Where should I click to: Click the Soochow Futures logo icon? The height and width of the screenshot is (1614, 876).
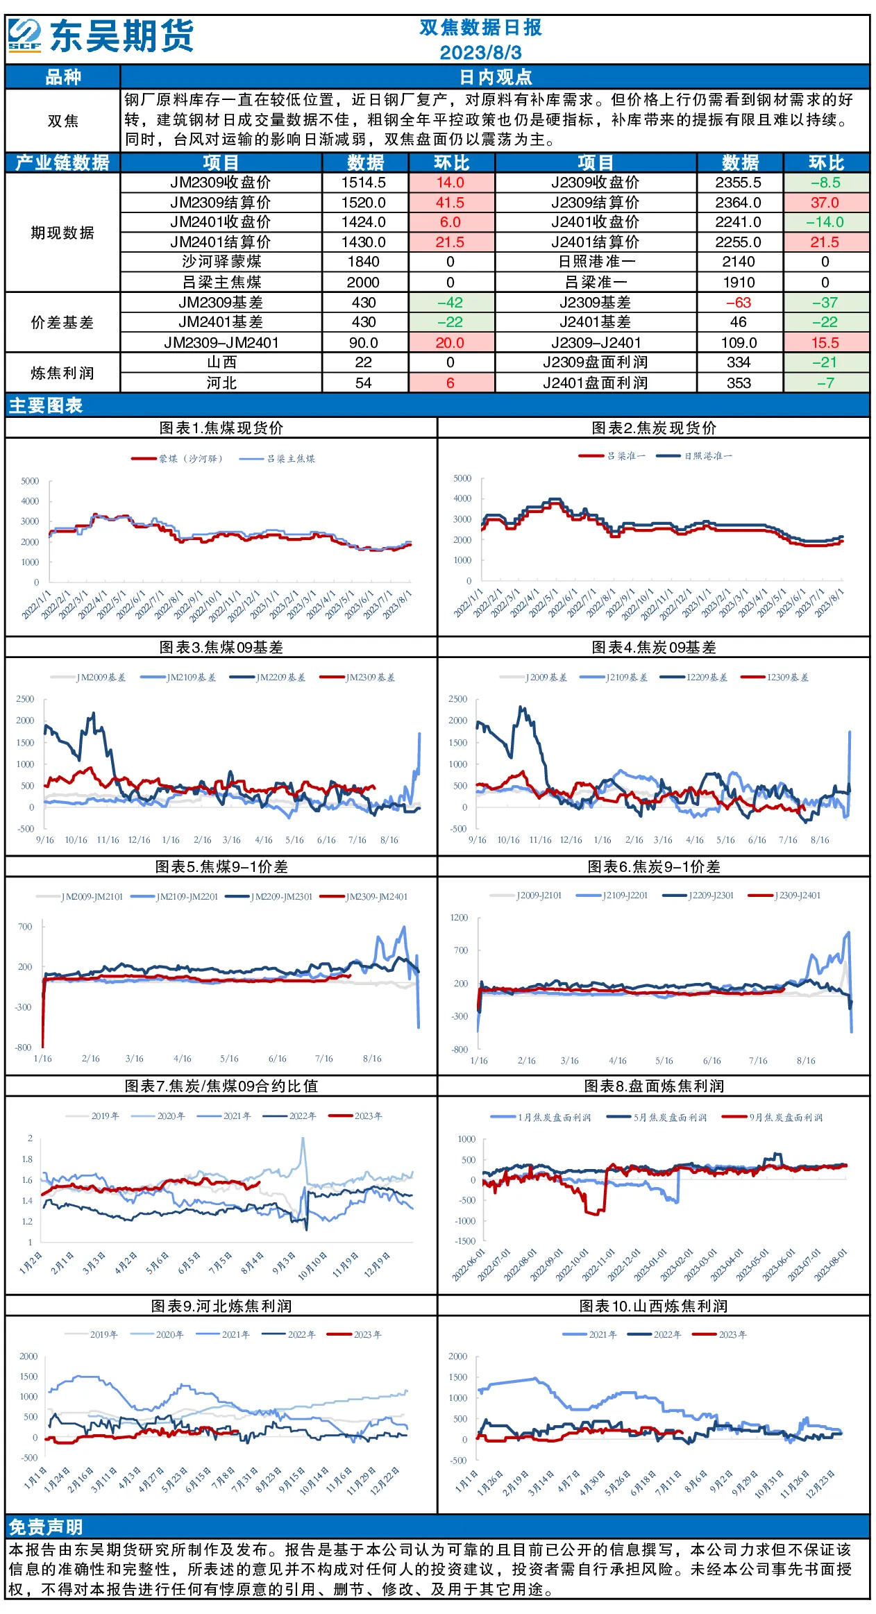pos(25,35)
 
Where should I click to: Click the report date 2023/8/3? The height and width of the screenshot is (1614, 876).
pos(480,53)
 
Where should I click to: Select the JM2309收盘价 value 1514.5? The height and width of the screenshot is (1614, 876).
pos(364,183)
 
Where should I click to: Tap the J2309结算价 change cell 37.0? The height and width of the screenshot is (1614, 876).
pos(825,203)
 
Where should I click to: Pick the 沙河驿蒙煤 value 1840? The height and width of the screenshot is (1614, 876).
pos(364,262)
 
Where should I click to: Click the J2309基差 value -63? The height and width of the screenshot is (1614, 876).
pos(739,303)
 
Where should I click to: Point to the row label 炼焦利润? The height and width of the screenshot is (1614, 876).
pos(62,373)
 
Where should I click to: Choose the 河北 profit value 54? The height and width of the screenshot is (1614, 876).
pos(364,383)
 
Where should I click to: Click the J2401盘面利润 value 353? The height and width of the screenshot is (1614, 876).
pos(739,383)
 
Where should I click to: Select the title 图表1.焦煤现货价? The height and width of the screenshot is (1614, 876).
pos(221,428)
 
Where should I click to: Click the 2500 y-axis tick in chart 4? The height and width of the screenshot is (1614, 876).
pos(458,699)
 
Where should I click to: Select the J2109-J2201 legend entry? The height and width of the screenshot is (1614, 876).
pos(612,896)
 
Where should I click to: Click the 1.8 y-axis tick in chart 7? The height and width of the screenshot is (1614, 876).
pos(27,1159)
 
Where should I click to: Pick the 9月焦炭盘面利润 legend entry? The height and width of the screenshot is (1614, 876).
pos(772,1118)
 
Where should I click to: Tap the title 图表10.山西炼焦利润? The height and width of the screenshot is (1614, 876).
pos(653,1306)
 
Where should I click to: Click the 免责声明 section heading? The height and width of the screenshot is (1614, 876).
pos(46,1527)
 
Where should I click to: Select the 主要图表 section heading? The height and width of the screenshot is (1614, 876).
pos(46,405)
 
